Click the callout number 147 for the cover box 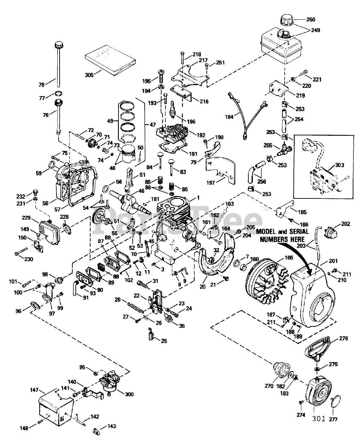(34, 390)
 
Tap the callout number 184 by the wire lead (229, 117)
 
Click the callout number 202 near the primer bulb (345, 224)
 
